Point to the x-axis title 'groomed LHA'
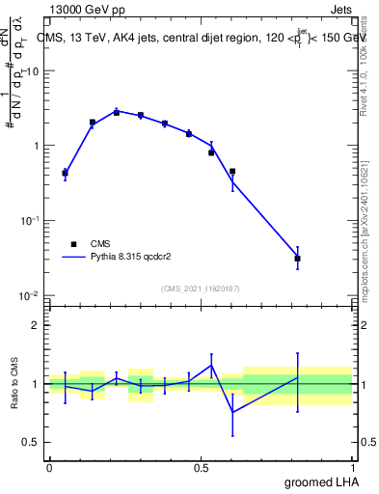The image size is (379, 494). click(321, 481)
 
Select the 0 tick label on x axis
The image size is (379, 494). click(49, 467)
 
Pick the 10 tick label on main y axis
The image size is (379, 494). click(33, 71)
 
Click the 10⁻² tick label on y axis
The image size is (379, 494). click(29, 295)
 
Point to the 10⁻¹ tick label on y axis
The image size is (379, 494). click(29, 221)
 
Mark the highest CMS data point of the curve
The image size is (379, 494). click(117, 112)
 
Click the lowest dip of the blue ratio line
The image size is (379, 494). click(232, 412)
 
